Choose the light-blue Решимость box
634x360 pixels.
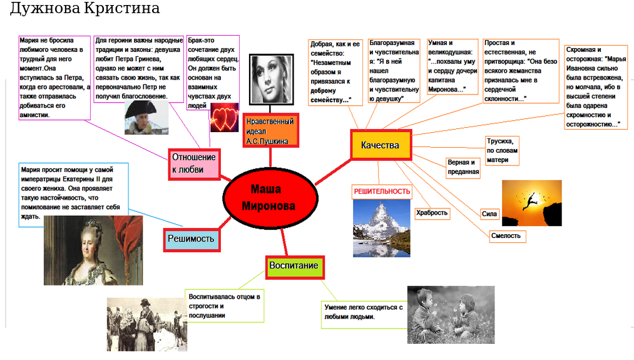(x=191, y=239)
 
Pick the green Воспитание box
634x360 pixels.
(x=294, y=266)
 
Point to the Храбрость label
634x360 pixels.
(x=432, y=213)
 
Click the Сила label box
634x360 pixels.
(x=489, y=214)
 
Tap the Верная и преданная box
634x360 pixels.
(x=463, y=167)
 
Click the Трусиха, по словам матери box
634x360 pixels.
(x=502, y=151)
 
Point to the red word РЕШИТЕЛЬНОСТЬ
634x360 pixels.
(x=382, y=192)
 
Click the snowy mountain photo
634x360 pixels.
(x=382, y=228)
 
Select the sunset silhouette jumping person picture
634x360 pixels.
(x=531, y=203)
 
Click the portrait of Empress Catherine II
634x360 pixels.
(x=93, y=250)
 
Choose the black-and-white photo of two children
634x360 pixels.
(x=451, y=315)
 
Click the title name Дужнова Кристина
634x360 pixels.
(x=85, y=9)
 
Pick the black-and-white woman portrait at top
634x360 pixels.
(x=272, y=79)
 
